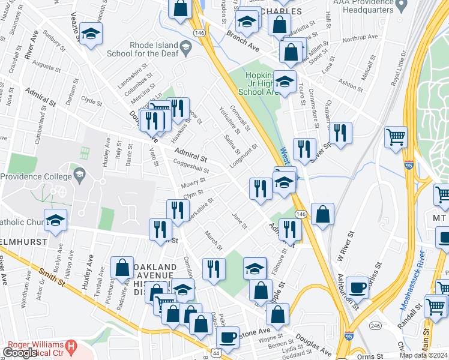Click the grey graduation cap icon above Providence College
(x=79, y=174)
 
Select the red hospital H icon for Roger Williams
(x=71, y=346)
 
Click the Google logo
(x=20, y=353)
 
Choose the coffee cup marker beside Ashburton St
(x=358, y=287)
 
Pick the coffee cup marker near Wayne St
(x=228, y=337)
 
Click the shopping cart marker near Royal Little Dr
(x=395, y=137)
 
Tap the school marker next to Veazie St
(x=91, y=34)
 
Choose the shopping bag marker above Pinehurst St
(x=122, y=268)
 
